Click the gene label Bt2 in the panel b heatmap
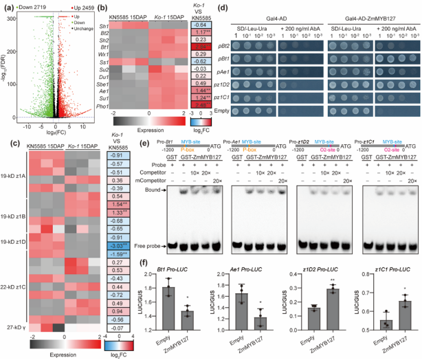click(x=107, y=32)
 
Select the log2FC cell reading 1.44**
click(x=201, y=90)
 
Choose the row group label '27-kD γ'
click(x=12, y=328)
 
